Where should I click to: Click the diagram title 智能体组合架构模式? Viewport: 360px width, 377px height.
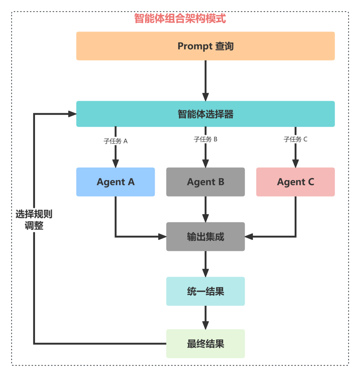click(180, 18)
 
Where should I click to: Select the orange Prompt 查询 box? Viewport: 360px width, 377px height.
click(205, 46)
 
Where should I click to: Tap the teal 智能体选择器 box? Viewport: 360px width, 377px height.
click(205, 114)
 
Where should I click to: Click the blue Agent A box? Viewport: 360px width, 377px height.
click(115, 182)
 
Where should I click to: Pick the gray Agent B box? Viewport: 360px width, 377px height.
click(205, 182)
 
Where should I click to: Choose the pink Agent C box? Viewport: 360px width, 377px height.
click(295, 182)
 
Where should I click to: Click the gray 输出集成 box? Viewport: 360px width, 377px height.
click(205, 237)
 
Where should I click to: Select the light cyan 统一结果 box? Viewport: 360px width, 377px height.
click(205, 291)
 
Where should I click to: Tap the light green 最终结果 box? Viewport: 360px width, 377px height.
click(205, 344)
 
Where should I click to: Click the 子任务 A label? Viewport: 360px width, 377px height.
click(115, 141)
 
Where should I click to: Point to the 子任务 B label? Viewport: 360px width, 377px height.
click(205, 139)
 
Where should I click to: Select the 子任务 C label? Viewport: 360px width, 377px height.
click(295, 139)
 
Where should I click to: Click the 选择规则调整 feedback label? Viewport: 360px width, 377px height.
click(34, 220)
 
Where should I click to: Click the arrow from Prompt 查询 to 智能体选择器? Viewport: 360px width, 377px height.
click(205, 80)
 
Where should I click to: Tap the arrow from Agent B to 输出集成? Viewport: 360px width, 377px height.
click(205, 209)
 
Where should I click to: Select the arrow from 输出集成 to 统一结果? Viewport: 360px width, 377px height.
click(205, 263)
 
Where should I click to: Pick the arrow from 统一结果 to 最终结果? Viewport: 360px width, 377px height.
click(205, 317)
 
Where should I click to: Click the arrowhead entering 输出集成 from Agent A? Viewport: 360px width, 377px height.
click(162, 237)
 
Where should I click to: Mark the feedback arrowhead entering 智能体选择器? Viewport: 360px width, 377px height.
click(72, 114)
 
